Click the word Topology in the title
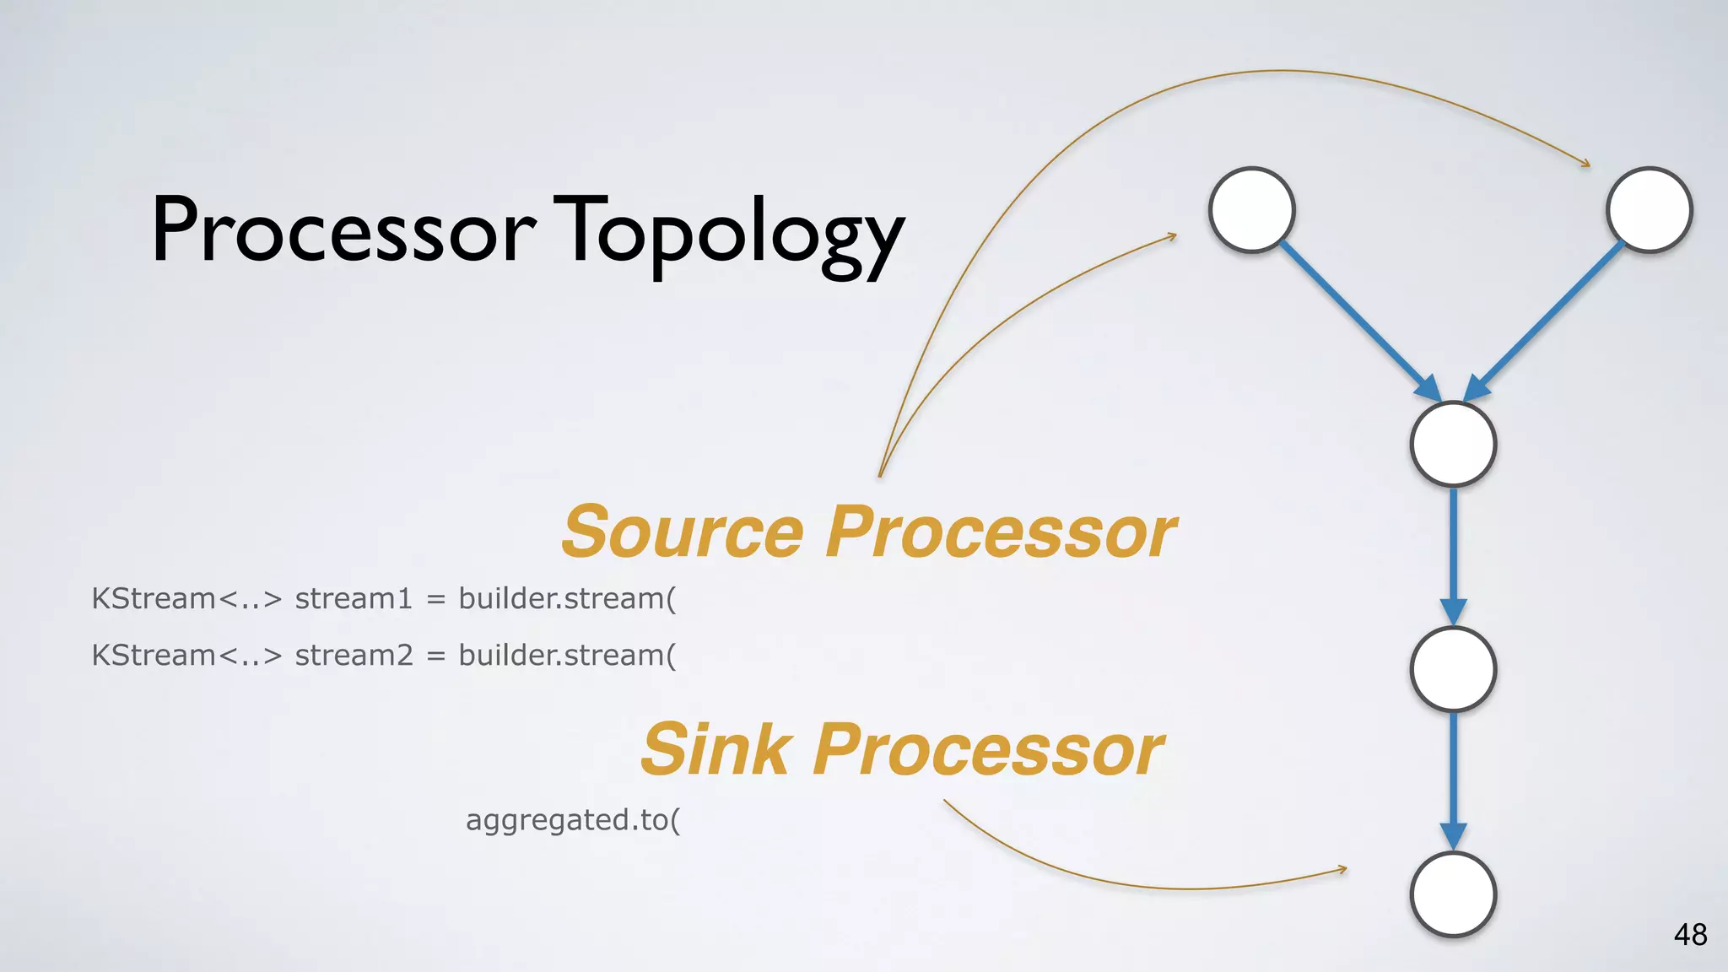coord(732,232)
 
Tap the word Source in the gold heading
coord(683,532)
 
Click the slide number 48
coord(1690,935)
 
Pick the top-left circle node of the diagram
coord(1252,210)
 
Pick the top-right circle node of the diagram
coord(1649,210)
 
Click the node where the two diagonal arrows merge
coord(1453,444)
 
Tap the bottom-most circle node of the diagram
coord(1453,894)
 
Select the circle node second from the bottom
coord(1453,669)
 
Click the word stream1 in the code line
coord(354,598)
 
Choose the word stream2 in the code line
coord(354,655)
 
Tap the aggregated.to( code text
coord(573,819)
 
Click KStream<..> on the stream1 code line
coord(186,598)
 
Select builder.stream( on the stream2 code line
coord(567,655)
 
